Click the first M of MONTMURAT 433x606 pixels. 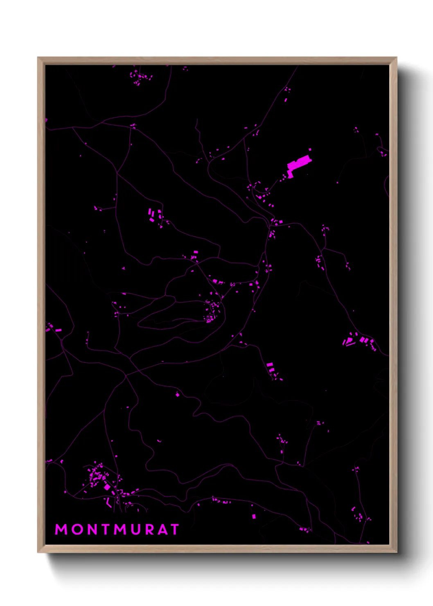click(61, 529)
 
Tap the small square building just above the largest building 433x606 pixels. click(310, 150)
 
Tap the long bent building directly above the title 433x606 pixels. click(108, 503)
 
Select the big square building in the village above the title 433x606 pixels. click(107, 487)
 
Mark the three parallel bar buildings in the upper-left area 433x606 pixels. click(152, 215)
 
